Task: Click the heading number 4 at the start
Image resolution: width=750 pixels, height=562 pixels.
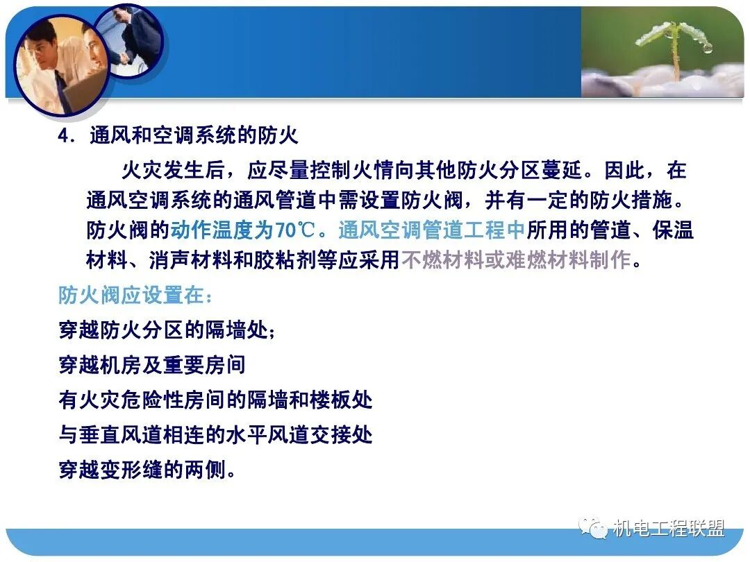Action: (64, 136)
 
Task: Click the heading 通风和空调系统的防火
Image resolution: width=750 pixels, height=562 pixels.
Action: (194, 135)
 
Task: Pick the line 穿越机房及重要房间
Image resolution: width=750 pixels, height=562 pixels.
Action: (152, 365)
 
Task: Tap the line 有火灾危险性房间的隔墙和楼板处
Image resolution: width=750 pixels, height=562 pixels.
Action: (215, 400)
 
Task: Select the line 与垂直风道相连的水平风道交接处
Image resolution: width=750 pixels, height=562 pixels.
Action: (215, 435)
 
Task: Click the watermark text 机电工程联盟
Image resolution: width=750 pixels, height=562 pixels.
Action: (668, 529)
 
